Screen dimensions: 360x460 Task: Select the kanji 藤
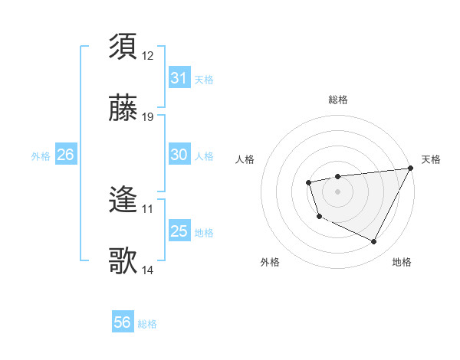click(123, 109)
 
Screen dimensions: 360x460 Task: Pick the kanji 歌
click(123, 261)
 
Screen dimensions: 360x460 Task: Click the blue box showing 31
click(179, 78)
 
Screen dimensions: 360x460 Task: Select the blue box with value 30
click(179, 155)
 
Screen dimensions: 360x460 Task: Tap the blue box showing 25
click(179, 231)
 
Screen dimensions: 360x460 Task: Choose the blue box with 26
click(65, 155)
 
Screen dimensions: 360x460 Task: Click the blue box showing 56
click(122, 322)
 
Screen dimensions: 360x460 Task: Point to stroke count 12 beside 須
click(148, 55)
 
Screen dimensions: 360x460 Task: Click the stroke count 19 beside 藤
click(148, 117)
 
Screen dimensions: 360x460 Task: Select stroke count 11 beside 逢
click(148, 208)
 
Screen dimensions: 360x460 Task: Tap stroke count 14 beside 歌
click(148, 270)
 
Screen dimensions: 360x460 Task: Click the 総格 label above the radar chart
click(337, 100)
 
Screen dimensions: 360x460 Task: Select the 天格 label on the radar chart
click(431, 159)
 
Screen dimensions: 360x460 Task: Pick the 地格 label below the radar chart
click(402, 262)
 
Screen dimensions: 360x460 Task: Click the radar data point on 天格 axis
click(410, 169)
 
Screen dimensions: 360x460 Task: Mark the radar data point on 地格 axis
click(374, 242)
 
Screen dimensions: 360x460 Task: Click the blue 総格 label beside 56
click(147, 324)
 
